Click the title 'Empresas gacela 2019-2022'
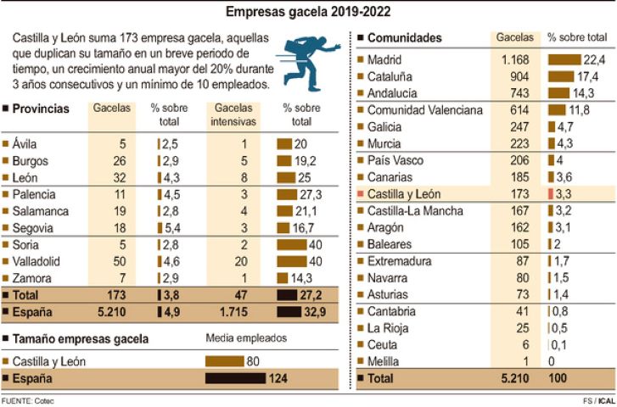click(308, 12)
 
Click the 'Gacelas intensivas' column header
click(233, 114)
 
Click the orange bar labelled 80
click(224, 360)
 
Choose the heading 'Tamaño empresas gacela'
click(81, 338)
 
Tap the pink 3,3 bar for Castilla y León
click(552, 193)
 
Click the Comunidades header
click(404, 38)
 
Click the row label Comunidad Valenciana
click(425, 110)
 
